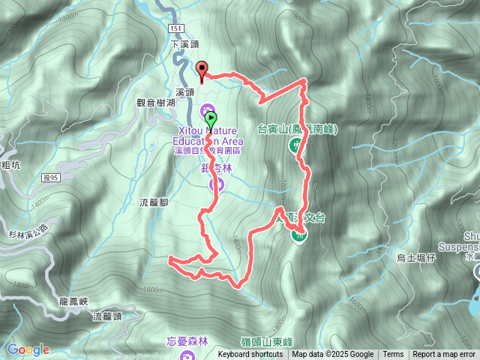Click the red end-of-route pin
pos(202,70)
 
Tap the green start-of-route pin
pos(211,118)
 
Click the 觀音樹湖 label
pos(155,102)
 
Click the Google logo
pos(28,349)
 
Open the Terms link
pos(393,355)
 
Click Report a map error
pos(444,355)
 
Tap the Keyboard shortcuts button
pos(251,355)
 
